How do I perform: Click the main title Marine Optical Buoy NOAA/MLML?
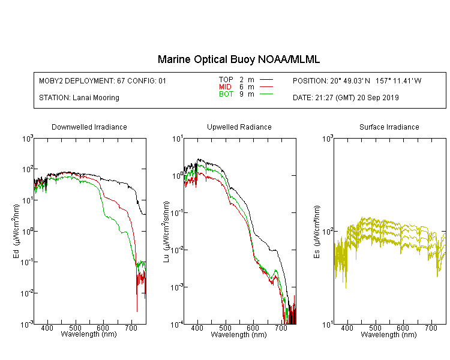(239, 59)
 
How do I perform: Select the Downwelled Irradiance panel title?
(89, 127)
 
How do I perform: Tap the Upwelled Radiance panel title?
(239, 127)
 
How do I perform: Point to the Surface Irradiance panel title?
(389, 127)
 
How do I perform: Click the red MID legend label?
(225, 86)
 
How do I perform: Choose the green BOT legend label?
(226, 94)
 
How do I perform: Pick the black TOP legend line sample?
(266, 80)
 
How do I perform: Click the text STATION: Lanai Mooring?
(79, 98)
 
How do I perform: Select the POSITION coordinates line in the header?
(357, 81)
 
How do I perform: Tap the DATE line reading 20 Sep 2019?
(346, 98)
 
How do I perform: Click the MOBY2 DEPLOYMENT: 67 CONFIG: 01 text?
(103, 81)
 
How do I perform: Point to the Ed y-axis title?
(16, 231)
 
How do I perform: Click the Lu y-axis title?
(166, 232)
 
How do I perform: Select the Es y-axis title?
(317, 232)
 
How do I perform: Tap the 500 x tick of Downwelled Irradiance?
(75, 328)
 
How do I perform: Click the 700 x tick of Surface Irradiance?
(431, 328)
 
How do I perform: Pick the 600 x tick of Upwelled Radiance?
(253, 328)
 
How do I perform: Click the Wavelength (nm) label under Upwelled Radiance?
(239, 335)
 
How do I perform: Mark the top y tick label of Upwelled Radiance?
(178, 139)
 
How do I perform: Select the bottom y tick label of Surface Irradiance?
(328, 325)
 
